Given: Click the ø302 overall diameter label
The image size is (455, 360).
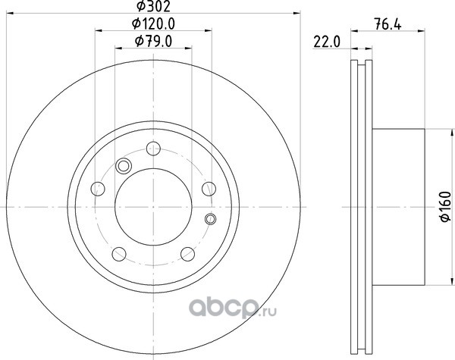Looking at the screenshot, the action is (153, 6).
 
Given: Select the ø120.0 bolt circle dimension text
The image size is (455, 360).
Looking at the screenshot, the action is (153, 23).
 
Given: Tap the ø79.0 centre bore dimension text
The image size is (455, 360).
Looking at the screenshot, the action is (153, 41).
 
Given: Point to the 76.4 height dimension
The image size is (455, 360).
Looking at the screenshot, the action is (388, 24).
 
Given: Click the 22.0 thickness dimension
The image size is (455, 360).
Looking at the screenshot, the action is (326, 42).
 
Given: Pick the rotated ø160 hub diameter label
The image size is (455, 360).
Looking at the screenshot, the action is (446, 206).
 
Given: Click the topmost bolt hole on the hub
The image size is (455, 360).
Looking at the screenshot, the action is (153, 149).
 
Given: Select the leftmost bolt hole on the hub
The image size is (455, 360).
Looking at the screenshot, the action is (98, 189).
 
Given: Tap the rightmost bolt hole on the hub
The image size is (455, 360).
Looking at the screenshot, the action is (209, 189).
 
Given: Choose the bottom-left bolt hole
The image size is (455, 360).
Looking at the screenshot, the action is (119, 254).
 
